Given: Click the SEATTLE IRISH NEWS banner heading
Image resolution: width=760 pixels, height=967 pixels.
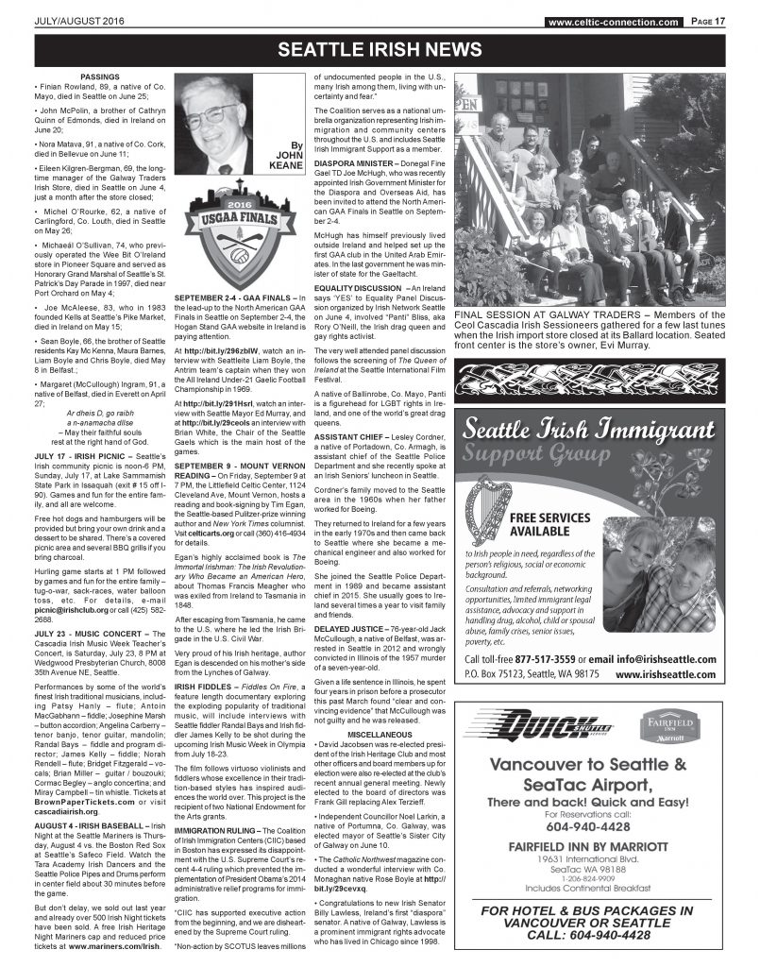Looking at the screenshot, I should click(x=380, y=48).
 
